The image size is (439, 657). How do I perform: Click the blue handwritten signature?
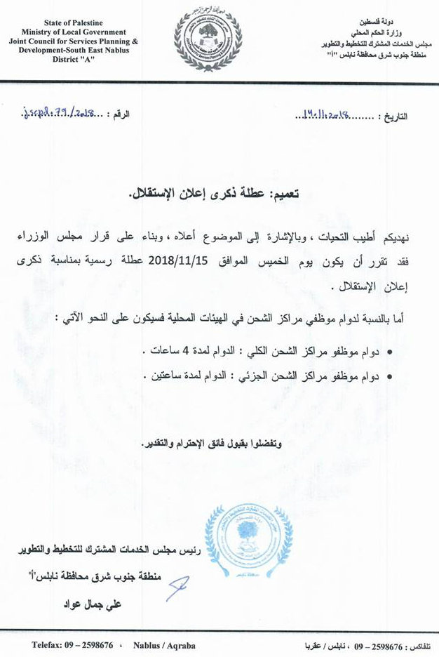(177, 588)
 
